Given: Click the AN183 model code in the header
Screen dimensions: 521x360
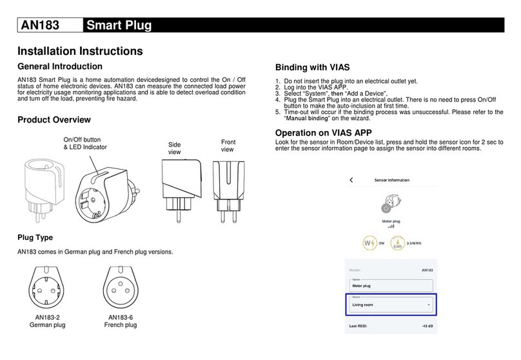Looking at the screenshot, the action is pyautogui.click(x=40, y=25).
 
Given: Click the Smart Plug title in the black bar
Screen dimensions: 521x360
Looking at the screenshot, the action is pyautogui.click(x=119, y=25).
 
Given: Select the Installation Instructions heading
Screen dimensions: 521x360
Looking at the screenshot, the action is pyautogui.click(x=80, y=51).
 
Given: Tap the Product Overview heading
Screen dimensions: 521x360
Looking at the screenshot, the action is pyautogui.click(x=54, y=119).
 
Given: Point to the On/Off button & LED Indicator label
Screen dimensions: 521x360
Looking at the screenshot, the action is pyautogui.click(x=85, y=143).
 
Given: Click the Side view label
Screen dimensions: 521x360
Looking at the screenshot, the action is pyautogui.click(x=175, y=148).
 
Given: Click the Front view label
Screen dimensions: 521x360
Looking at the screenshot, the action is pyautogui.click(x=228, y=146).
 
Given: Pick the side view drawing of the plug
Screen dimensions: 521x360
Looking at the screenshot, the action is pyautogui.click(x=181, y=190).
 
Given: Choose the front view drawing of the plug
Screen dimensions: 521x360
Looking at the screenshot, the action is pyautogui.click(x=229, y=192).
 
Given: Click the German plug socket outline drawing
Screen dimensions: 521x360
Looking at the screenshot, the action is pyautogui.click(x=46, y=288).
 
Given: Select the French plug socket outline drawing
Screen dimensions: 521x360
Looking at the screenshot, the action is pyautogui.click(x=121, y=288).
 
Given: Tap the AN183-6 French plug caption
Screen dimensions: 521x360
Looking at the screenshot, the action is pyautogui.click(x=121, y=321).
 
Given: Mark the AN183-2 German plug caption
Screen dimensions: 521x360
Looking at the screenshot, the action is pyautogui.click(x=47, y=321).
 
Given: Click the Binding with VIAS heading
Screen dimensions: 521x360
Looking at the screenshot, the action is pyautogui.click(x=312, y=68).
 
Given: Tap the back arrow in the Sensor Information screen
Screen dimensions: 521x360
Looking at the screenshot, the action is pyautogui.click(x=351, y=180).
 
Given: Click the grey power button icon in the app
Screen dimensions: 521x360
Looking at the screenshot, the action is pyautogui.click(x=386, y=208).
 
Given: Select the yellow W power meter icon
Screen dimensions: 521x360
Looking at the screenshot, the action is pyautogui.click(x=370, y=243).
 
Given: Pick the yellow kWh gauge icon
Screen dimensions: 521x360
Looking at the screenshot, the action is pyautogui.click(x=397, y=243).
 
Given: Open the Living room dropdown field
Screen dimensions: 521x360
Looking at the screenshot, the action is pyautogui.click(x=391, y=305).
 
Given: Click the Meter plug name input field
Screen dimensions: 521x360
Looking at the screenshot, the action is pyautogui.click(x=391, y=286).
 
